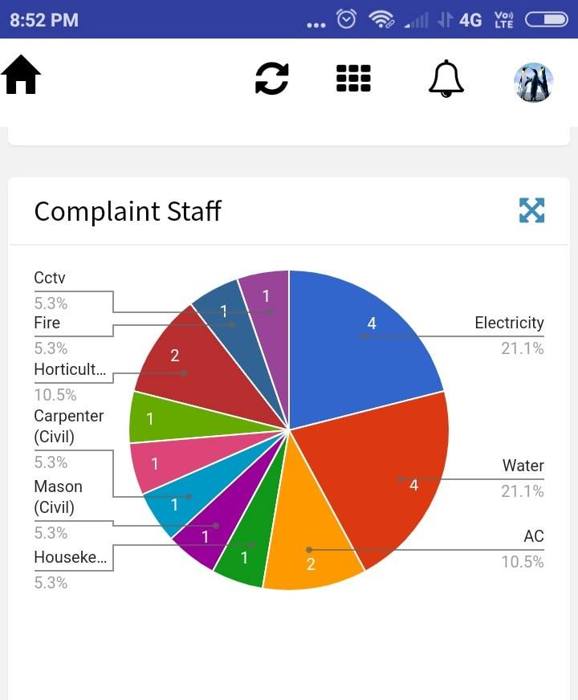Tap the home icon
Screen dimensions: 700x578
[21, 76]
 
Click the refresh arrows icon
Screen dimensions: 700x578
[271, 79]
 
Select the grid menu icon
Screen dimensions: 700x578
[353, 79]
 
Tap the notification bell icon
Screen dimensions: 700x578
[446, 79]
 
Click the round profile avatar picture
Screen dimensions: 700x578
[534, 82]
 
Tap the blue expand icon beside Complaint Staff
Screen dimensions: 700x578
[531, 210]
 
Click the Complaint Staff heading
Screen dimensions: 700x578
[127, 211]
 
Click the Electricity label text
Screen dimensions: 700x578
[509, 323]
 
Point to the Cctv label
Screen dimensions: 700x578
[50, 278]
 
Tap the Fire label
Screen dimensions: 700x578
[47, 323]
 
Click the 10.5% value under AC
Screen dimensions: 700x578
[523, 562]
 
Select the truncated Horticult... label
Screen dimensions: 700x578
[70, 369]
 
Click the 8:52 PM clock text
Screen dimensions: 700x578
[44, 20]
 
